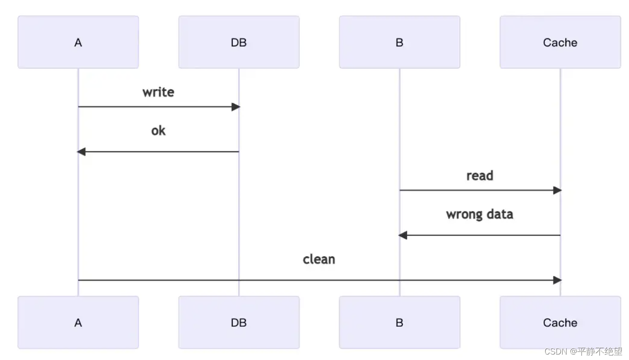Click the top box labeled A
tap(78, 42)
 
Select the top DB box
tap(239, 42)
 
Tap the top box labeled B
tap(399, 42)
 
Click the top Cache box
tap(560, 42)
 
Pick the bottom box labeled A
tap(78, 322)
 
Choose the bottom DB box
tap(239, 322)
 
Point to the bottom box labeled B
tap(399, 322)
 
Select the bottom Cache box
tap(560, 322)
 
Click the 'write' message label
tap(158, 92)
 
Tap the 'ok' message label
tap(158, 131)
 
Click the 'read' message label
tap(479, 176)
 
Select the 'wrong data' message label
tap(479, 214)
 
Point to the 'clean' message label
tap(319, 259)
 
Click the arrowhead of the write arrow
tap(235, 107)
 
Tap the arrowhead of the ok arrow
tap(81, 152)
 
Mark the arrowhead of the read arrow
tap(557, 190)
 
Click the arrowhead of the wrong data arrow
tap(403, 235)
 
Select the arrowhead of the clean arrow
tap(557, 280)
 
